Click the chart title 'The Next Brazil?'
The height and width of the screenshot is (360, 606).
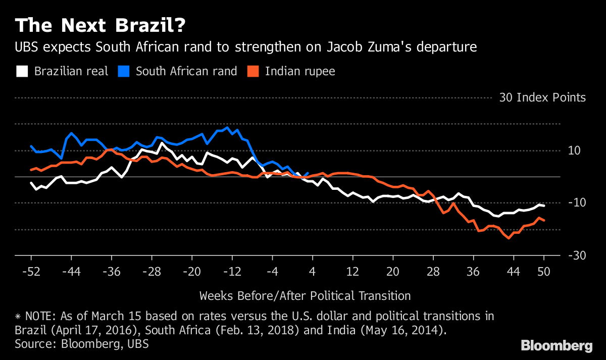pyautogui.click(x=100, y=25)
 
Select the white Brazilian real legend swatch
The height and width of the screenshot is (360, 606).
pyautogui.click(x=22, y=71)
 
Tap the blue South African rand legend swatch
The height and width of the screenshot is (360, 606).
pyautogui.click(x=123, y=71)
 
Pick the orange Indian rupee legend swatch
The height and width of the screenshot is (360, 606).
pyautogui.click(x=252, y=71)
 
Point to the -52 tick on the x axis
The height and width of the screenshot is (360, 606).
pyautogui.click(x=31, y=271)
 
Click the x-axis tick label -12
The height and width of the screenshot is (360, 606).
pyautogui.click(x=232, y=271)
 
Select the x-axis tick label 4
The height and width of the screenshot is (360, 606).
pyautogui.click(x=312, y=271)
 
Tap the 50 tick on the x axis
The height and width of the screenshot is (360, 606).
pyautogui.click(x=544, y=271)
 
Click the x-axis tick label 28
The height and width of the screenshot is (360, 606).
pyautogui.click(x=433, y=271)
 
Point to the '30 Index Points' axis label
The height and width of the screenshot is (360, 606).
pyautogui.click(x=542, y=97)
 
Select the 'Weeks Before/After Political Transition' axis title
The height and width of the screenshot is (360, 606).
pyautogui.click(x=305, y=295)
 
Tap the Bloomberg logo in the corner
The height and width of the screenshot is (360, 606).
pyautogui.click(x=557, y=346)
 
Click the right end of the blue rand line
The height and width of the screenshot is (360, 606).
pyautogui.click(x=308, y=173)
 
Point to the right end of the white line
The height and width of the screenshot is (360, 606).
pyautogui.click(x=544, y=205)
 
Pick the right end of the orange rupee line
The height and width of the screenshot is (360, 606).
pyautogui.click(x=544, y=221)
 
